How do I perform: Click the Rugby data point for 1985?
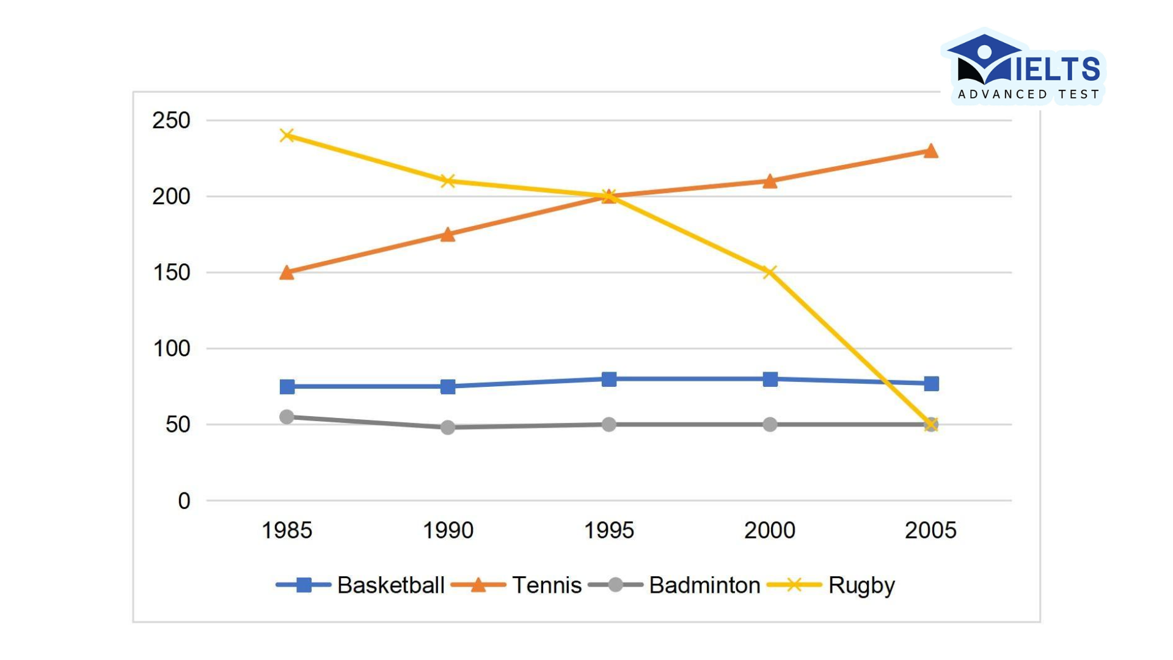287,135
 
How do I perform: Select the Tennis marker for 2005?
930,151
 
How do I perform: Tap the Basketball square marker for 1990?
448,386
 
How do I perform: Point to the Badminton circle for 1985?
287,417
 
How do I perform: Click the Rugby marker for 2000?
770,272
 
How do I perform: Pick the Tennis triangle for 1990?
448,235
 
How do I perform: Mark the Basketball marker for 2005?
931,384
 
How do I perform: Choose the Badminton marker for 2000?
770,424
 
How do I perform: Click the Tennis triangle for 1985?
287,273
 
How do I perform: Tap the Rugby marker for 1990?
448,181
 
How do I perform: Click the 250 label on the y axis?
171,120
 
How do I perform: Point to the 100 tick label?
171,348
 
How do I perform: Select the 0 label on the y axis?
184,501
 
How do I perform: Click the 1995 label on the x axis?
609,530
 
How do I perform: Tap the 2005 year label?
930,530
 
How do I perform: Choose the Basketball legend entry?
390,585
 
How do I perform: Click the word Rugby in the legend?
861,585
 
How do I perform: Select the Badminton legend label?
704,585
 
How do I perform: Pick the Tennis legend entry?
547,585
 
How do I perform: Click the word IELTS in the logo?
1057,68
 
